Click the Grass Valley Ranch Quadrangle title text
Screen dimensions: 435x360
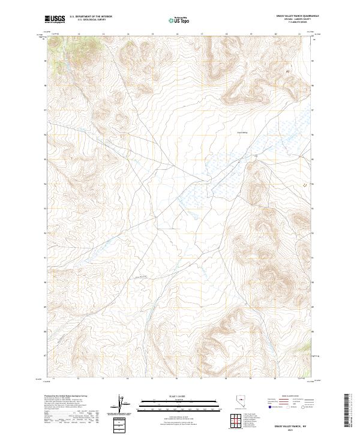pos(297,16)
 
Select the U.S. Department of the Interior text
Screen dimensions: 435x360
pos(91,17)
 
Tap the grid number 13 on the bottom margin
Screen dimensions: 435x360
pos(103,379)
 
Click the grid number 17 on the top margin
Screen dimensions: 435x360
pos(202,34)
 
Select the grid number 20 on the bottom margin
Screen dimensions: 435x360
pos(275,379)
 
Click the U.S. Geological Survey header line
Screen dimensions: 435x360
pos(91,20)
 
